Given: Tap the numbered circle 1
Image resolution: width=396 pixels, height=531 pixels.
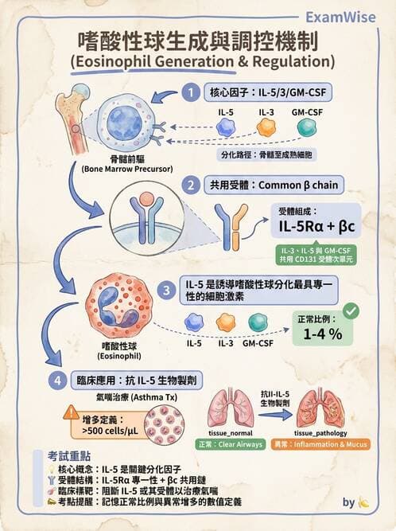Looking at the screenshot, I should [x=190, y=93].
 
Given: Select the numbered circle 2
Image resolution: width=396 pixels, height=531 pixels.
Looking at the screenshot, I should [x=190, y=185].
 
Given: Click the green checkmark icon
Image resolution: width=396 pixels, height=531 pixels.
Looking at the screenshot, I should [x=350, y=309].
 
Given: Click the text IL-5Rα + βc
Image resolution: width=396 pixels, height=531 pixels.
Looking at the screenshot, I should [x=316, y=228].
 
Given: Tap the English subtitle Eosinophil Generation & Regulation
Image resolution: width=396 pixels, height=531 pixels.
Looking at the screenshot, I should [x=198, y=61].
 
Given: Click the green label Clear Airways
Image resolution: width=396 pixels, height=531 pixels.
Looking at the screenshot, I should [x=231, y=443].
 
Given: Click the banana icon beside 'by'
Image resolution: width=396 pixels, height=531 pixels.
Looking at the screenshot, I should [x=364, y=503].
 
